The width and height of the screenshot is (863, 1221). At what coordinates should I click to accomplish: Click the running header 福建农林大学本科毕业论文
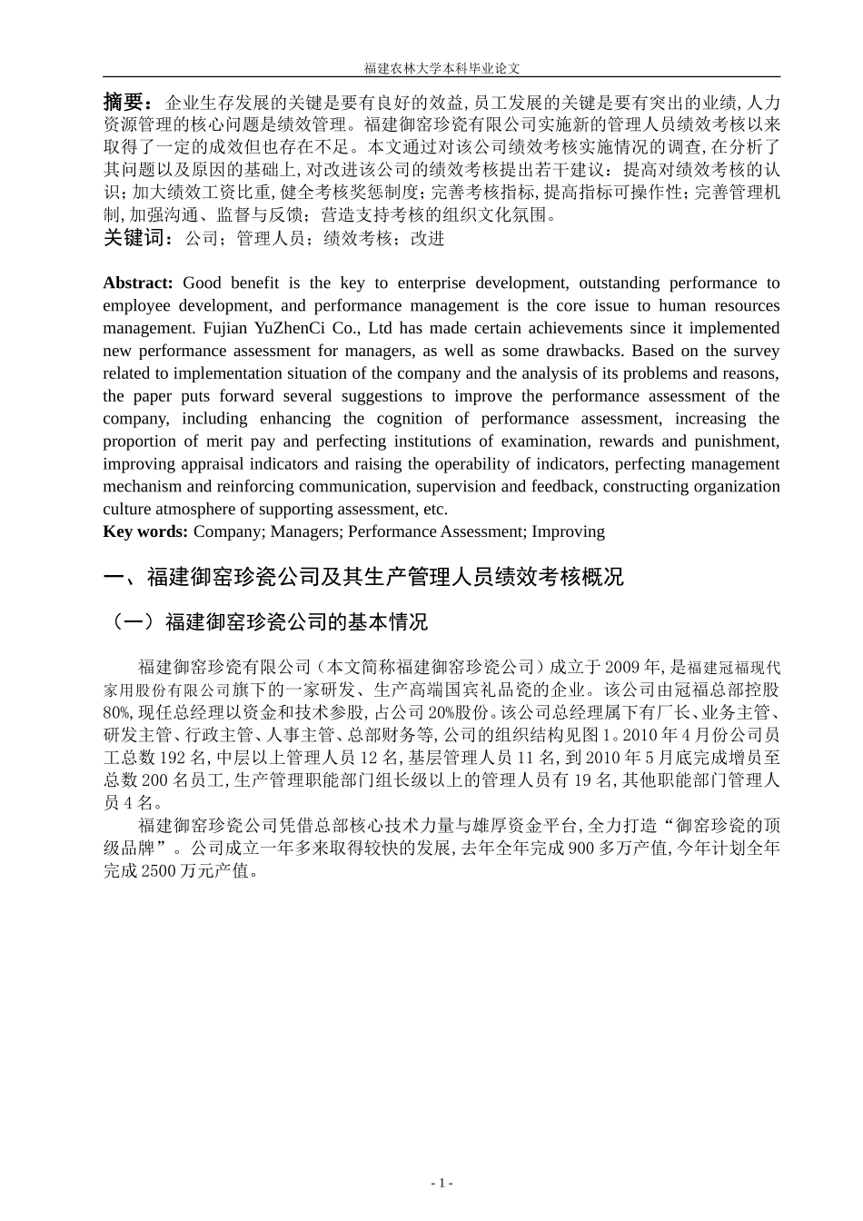(441, 68)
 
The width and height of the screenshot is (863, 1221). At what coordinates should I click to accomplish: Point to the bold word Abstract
(137, 283)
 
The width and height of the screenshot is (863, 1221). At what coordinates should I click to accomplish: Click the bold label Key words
(145, 531)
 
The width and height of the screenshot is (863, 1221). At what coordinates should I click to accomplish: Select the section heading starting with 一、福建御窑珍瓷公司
(363, 577)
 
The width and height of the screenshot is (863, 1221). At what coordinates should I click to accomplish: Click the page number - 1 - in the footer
(441, 1184)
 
